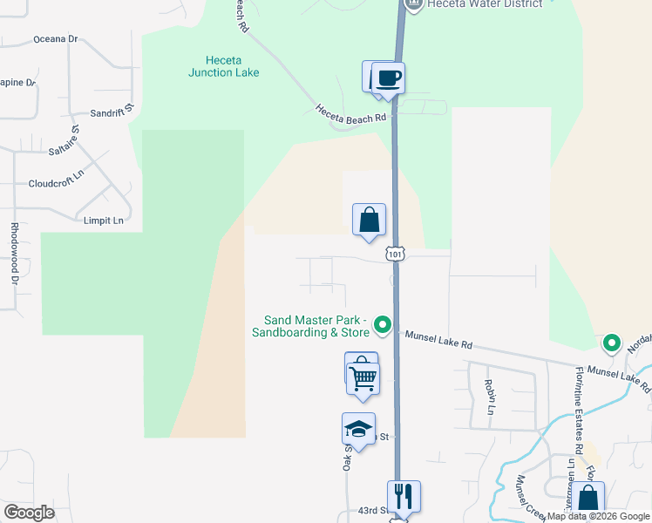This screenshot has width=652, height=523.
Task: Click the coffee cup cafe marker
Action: point(389,78)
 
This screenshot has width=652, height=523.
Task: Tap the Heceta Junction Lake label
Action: point(223,66)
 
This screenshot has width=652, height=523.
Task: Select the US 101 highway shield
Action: point(397,254)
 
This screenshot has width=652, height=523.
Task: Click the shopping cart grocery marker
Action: point(363,377)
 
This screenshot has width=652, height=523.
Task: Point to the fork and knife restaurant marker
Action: point(404,496)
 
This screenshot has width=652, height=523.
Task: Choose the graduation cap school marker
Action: point(358,429)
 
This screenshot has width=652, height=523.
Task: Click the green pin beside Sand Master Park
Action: point(382,325)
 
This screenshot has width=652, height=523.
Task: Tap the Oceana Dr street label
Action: point(56,39)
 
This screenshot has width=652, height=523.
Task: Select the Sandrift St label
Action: point(113,112)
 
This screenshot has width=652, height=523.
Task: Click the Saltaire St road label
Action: point(65,140)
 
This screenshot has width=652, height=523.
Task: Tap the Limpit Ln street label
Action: point(103,221)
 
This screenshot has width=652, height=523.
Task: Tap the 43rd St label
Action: point(370,511)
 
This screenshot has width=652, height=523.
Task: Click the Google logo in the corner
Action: point(29,512)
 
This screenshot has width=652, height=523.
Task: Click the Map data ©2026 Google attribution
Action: point(598,516)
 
